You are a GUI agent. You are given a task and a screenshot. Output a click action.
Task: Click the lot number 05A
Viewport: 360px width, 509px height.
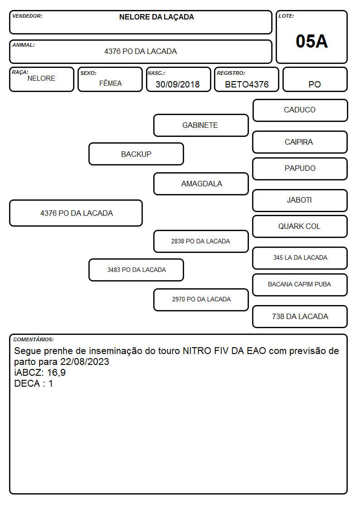[311, 41]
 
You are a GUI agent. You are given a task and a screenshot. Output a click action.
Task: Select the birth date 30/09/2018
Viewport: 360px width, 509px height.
[178, 84]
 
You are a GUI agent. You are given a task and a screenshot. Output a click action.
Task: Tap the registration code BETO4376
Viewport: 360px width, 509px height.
[247, 84]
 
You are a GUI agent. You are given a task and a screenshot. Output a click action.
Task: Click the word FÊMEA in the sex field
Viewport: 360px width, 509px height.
[110, 83]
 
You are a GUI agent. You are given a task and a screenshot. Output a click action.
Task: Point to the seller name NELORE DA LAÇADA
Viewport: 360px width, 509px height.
[156, 17]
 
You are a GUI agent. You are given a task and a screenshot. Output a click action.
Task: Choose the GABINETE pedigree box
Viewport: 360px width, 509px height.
[201, 125]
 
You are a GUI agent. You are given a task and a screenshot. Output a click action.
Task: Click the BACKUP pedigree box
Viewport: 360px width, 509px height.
[136, 154]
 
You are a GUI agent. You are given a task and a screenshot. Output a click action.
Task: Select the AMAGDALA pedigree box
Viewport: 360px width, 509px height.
[201, 184]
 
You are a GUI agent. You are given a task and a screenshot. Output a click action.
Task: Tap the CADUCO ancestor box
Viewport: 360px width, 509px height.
[300, 111]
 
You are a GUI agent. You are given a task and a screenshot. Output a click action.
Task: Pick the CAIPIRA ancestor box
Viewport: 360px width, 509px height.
[300, 142]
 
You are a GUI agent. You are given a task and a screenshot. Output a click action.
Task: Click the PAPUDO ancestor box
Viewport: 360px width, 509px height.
[300, 169]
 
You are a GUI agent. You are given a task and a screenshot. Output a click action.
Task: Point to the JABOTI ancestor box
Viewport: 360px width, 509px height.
[300, 200]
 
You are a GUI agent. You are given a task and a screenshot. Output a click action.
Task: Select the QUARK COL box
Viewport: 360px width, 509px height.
[300, 227]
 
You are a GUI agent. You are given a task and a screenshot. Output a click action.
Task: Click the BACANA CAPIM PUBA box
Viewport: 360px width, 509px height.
[300, 285]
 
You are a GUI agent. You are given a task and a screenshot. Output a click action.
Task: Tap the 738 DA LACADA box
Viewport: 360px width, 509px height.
[300, 316]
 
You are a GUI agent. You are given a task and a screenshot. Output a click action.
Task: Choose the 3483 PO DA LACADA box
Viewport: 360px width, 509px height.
[136, 270]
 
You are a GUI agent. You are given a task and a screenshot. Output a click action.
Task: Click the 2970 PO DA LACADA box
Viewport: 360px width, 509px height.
[201, 300]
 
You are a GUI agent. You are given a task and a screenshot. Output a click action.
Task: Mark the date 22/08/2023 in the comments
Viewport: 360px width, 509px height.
[85, 362]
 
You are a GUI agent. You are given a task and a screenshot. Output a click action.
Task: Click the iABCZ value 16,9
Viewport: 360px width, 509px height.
[57, 373]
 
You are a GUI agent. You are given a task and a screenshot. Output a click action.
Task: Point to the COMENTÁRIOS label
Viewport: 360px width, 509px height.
[34, 339]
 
